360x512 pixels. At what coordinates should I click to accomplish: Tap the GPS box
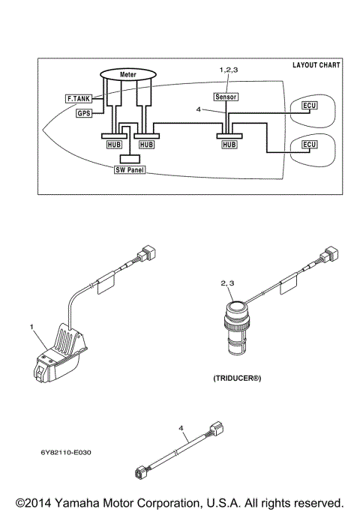[83, 113]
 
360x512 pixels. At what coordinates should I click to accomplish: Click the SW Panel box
[130, 169]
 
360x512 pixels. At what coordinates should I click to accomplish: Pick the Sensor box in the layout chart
[226, 97]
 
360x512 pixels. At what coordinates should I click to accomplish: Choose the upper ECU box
[308, 106]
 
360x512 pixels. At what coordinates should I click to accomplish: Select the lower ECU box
[308, 143]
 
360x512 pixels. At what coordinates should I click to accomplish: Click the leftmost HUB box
[111, 143]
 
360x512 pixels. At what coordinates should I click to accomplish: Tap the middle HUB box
[146, 143]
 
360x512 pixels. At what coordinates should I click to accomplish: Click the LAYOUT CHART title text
[315, 65]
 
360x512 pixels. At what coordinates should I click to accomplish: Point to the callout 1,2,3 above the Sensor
[228, 69]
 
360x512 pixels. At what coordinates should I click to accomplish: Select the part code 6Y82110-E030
[72, 452]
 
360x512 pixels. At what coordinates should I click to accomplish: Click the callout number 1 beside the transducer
[32, 327]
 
